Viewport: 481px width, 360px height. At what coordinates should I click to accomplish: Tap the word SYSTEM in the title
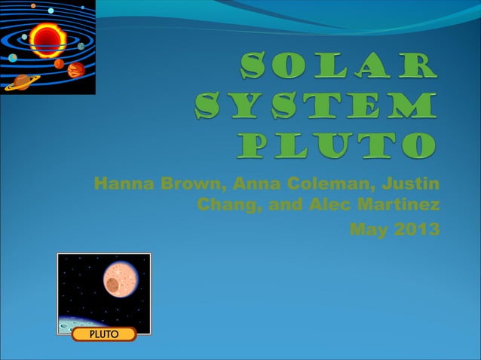point(315,106)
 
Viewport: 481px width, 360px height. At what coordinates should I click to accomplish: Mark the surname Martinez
point(403,205)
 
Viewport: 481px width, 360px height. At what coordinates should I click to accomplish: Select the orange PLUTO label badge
point(104,334)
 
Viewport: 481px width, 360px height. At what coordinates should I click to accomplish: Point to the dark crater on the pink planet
point(112,285)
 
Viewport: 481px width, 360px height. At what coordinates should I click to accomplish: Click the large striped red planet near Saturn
point(75,71)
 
